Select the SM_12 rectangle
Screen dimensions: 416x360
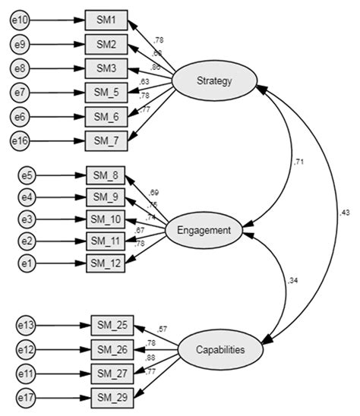point(106,263)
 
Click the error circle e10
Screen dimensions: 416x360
point(20,20)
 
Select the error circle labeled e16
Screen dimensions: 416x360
point(20,140)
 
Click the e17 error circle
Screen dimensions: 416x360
point(27,396)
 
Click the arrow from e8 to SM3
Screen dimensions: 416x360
point(56,68)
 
